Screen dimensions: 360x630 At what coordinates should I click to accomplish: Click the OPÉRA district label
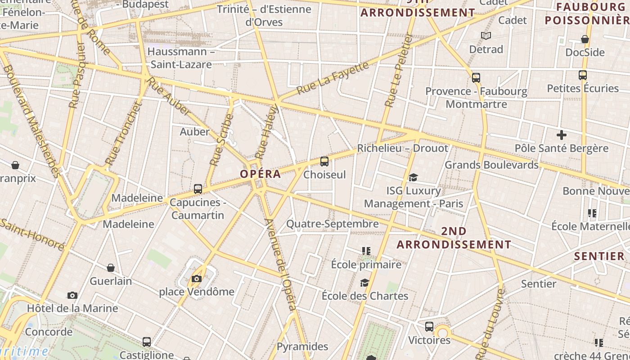click(x=260, y=174)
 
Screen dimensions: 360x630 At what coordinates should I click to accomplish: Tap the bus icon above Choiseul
click(x=324, y=162)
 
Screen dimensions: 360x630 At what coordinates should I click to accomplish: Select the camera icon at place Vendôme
click(x=196, y=279)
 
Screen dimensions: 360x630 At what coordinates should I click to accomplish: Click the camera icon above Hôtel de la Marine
click(x=72, y=296)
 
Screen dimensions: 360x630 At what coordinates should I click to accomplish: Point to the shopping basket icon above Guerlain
click(x=111, y=268)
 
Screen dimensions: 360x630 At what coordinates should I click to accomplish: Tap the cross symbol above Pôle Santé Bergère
click(x=561, y=135)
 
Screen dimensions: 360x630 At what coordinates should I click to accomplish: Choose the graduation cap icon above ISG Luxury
click(x=413, y=178)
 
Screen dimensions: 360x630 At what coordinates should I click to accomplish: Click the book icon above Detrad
click(x=486, y=36)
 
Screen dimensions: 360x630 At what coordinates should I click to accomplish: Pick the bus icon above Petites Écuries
click(x=582, y=75)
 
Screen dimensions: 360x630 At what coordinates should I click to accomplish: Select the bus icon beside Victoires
click(x=429, y=327)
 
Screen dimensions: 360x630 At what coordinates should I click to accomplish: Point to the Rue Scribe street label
click(x=221, y=140)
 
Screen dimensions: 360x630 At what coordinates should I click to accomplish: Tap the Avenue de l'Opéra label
click(x=280, y=265)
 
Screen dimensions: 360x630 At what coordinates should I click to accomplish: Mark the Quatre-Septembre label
click(x=333, y=224)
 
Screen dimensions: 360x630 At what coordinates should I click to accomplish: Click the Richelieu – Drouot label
click(x=402, y=148)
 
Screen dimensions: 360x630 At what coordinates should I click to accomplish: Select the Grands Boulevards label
click(x=491, y=165)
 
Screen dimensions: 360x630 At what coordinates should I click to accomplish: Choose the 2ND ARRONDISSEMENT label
click(x=454, y=238)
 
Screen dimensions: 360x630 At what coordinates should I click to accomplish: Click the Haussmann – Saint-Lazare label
click(x=181, y=58)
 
